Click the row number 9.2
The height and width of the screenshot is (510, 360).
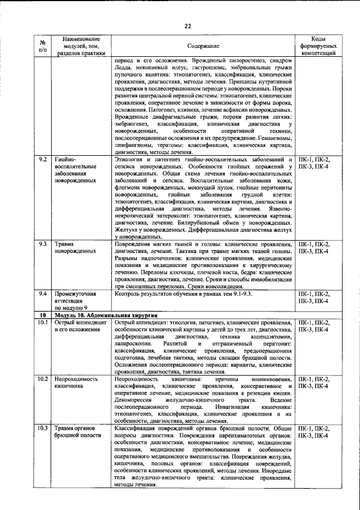[x=43, y=160]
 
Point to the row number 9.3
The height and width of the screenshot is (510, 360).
[x=43, y=245]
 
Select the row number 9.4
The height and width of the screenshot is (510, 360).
[x=43, y=294]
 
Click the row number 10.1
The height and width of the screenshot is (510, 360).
[x=43, y=323]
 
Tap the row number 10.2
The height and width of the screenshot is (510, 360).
[x=43, y=380]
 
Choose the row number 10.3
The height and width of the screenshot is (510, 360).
[x=43, y=430]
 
